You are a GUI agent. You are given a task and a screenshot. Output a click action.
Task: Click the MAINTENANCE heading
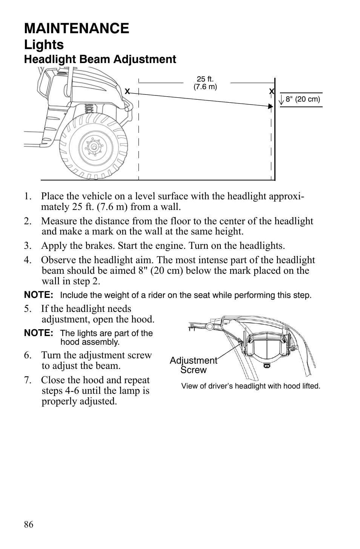[77, 28]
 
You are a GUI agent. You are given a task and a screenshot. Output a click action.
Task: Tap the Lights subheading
[44, 45]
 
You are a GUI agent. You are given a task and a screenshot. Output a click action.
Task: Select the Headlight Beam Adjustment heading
[100, 59]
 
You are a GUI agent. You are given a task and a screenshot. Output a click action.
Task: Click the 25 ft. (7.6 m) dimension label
[205, 83]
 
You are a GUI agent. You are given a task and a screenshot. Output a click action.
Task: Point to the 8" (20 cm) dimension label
[303, 99]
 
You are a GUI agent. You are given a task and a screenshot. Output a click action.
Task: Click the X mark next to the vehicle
[128, 91]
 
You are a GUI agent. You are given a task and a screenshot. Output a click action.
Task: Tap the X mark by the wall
[271, 91]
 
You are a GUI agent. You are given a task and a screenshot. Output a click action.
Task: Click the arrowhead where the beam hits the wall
[270, 107]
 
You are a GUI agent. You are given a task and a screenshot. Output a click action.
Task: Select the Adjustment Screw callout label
[193, 365]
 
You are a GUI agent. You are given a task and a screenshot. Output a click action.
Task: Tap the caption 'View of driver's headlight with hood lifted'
[251, 386]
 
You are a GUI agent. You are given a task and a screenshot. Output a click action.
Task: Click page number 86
[29, 524]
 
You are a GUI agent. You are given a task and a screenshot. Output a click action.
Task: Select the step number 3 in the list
[27, 246]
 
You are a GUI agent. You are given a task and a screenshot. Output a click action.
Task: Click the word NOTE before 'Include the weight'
[38, 295]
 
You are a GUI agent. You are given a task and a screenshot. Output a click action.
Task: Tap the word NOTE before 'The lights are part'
[38, 333]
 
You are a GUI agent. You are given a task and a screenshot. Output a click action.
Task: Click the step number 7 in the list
[27, 380]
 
